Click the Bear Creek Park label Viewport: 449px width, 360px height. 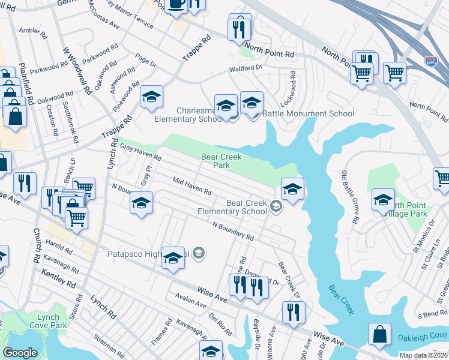pyautogui.click(x=221, y=161)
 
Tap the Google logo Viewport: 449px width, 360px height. pyautogui.click(x=20, y=353)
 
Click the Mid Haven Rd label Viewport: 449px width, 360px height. pyautogui.click(x=192, y=186)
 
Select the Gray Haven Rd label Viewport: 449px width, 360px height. pyautogui.click(x=140, y=152)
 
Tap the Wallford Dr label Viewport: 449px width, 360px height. pyautogui.click(x=246, y=70)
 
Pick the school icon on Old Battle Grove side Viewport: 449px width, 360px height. pyautogui.click(x=383, y=200)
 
